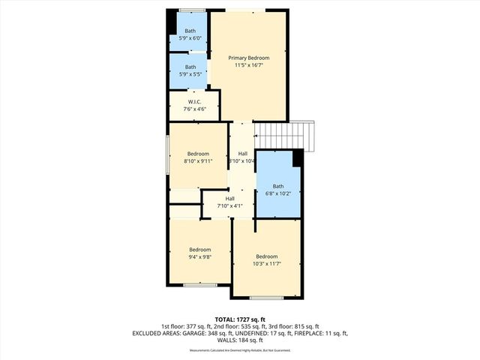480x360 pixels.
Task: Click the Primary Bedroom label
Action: [x=248, y=58]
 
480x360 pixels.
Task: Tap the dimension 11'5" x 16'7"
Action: [x=248, y=65]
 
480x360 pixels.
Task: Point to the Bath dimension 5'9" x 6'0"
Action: [x=190, y=38]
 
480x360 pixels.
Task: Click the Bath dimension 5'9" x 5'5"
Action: [x=190, y=74]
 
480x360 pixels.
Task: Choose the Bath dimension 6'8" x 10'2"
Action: [x=278, y=193]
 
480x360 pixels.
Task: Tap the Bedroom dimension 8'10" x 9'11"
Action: [x=198, y=160]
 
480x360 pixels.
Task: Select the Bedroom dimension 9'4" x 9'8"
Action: [x=199, y=256]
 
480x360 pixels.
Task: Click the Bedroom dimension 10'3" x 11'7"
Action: [x=266, y=263]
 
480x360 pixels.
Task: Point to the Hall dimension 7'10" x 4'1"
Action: [x=230, y=205]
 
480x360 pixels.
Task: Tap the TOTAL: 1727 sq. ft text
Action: [x=240, y=319]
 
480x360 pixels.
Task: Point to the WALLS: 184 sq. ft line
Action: [x=240, y=340]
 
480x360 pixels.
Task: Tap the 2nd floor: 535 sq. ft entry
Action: [x=240, y=326]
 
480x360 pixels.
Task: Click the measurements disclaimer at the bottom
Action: [x=240, y=350]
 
